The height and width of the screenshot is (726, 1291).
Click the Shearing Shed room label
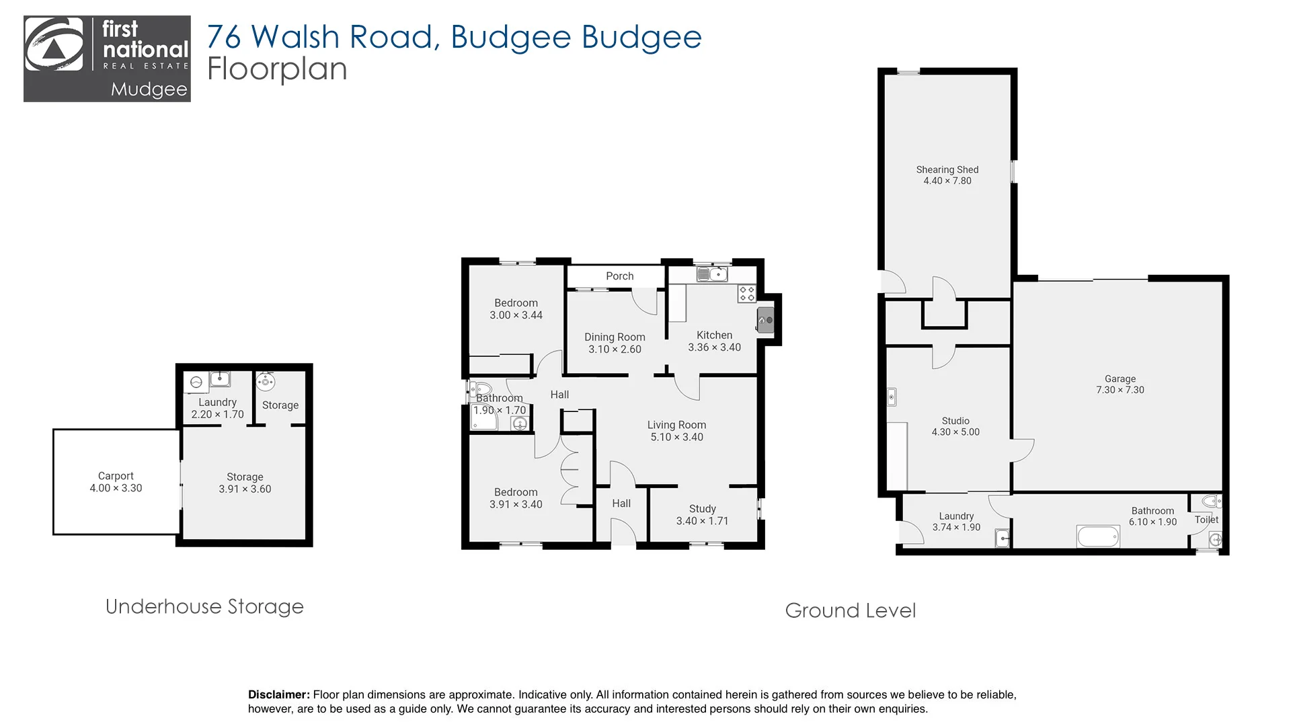coord(947,169)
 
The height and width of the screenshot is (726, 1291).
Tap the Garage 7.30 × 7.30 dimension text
coord(1120,390)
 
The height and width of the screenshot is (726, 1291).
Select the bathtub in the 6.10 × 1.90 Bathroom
coord(1098,536)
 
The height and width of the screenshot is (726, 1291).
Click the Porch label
coord(619,276)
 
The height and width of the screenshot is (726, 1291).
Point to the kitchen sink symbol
coord(712,274)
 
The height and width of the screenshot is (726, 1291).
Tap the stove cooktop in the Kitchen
coord(746,293)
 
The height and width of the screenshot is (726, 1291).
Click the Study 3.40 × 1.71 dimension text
coord(702,521)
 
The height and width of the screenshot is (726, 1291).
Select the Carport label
coord(116,476)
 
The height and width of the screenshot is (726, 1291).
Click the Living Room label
coord(676,425)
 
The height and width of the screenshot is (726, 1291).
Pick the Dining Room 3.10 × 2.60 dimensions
coord(615,350)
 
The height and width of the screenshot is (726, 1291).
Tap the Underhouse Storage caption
coord(204,606)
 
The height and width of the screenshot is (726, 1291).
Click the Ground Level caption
coord(850,610)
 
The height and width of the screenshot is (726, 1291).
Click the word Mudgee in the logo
coord(149,89)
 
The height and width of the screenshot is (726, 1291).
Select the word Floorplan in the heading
coord(277,69)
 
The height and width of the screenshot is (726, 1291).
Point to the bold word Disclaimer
coord(278,694)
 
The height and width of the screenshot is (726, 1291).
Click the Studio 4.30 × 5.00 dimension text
coord(955,432)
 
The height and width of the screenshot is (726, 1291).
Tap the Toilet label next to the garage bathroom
coord(1206,520)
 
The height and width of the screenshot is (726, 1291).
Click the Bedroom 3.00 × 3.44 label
coord(516,303)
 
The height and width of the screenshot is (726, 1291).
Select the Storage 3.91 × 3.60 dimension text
coord(245,489)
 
